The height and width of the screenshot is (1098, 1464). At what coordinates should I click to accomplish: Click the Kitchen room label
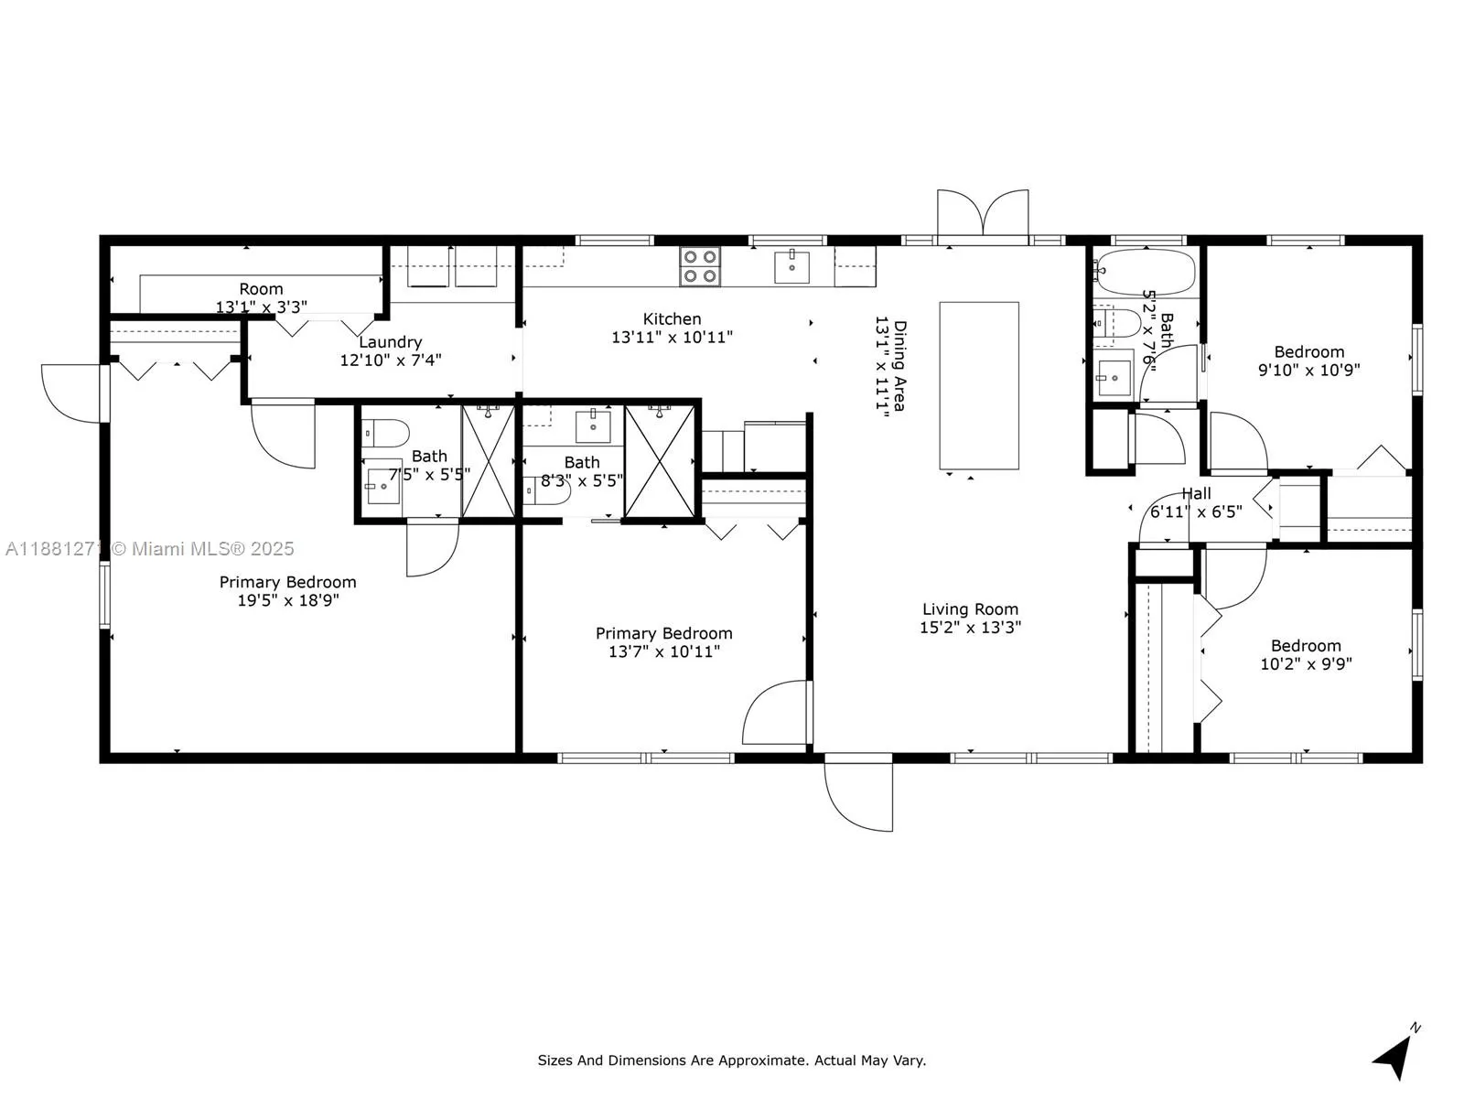tap(671, 318)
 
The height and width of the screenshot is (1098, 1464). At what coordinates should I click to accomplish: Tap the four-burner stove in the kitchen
tap(699, 266)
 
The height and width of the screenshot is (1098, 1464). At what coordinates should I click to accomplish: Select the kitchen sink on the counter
tap(791, 266)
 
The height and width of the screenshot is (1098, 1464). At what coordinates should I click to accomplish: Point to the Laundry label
tap(390, 342)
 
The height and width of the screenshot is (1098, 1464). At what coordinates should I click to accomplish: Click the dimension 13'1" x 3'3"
tap(261, 307)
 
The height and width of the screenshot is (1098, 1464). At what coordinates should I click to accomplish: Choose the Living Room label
tap(970, 609)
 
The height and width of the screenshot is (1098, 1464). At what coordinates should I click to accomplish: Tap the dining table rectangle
tap(978, 385)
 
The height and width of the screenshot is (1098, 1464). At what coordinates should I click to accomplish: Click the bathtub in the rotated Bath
tap(1146, 272)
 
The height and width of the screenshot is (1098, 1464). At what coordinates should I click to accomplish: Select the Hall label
tap(1196, 494)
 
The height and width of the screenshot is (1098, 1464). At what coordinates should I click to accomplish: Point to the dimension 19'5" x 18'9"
tap(288, 600)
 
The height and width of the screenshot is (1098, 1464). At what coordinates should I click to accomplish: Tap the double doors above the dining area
tap(983, 212)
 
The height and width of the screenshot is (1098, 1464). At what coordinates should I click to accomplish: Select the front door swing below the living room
tap(858, 792)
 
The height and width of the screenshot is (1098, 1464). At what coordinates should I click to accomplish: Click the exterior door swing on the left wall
tap(72, 393)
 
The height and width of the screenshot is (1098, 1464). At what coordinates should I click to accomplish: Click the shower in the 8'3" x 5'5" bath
tap(660, 461)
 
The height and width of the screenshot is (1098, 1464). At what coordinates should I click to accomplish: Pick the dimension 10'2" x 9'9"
tap(1306, 663)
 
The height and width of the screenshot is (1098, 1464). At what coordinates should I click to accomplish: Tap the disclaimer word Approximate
tap(767, 1060)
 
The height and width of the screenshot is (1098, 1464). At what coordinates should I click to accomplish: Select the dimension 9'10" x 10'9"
tap(1308, 370)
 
